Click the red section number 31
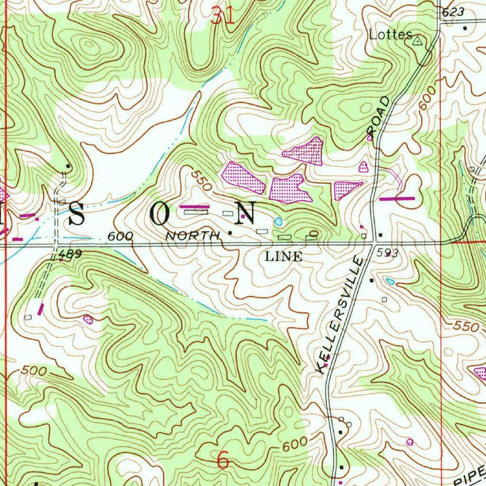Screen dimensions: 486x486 click(x=223, y=17)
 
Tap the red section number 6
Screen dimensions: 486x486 click(x=223, y=460)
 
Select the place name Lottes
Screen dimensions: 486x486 click(x=390, y=35)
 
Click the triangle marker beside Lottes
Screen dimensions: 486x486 click(x=417, y=41)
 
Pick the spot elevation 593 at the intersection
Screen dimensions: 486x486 click(x=386, y=254)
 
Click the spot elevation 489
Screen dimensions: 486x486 click(x=71, y=255)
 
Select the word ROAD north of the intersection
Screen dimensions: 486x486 click(x=380, y=116)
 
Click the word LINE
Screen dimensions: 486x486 click(x=283, y=257)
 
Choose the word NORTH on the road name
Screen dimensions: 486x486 click(x=193, y=235)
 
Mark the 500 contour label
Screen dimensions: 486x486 click(x=34, y=371)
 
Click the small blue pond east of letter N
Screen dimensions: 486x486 click(x=278, y=221)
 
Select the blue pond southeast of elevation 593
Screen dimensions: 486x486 click(x=390, y=281)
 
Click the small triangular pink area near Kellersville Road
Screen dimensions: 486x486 click(x=363, y=167)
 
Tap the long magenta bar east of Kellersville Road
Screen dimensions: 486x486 click(x=397, y=198)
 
